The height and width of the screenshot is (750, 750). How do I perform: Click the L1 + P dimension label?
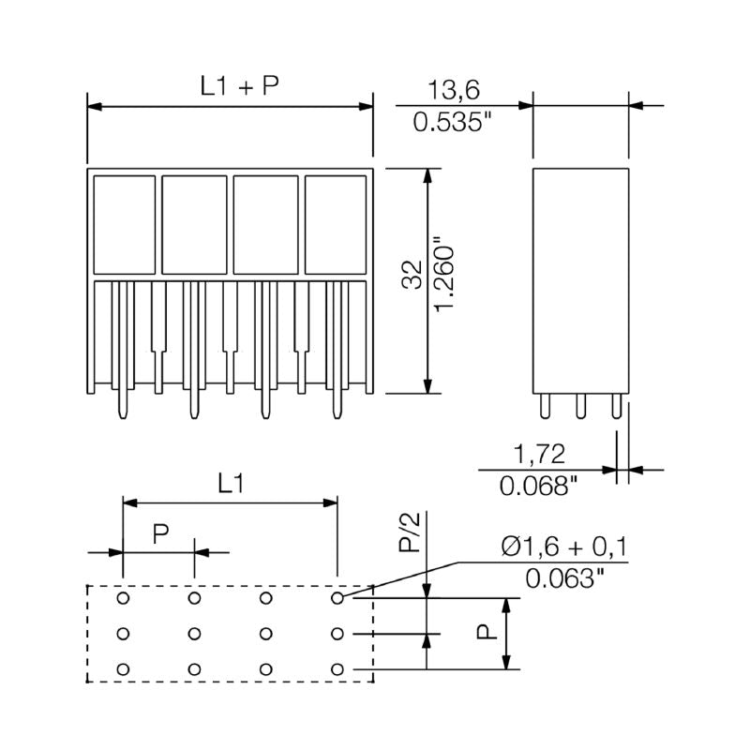tap(239, 86)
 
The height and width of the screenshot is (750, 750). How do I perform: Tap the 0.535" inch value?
tap(453, 122)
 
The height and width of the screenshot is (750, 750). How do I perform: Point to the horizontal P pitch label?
tap(160, 533)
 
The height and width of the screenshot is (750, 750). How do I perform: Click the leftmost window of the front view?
tap(123, 222)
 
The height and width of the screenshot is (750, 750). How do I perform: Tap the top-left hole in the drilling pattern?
tap(123, 597)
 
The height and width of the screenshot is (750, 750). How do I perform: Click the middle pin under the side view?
tap(580, 405)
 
